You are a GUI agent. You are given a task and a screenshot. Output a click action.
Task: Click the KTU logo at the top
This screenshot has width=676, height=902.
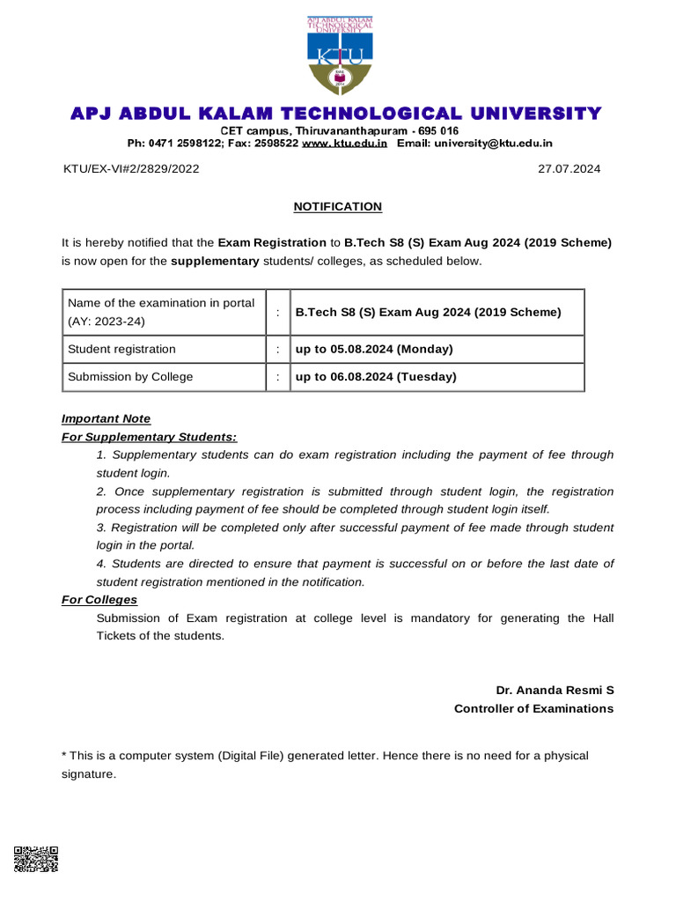339,55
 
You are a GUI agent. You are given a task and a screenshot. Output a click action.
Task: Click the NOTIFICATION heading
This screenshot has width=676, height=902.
338,206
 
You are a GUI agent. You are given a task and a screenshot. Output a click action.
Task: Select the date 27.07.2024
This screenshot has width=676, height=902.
569,169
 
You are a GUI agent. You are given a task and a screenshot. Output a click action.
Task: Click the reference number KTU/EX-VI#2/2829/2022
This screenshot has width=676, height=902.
130,169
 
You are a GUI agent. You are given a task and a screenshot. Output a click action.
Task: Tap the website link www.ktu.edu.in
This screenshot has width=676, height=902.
345,143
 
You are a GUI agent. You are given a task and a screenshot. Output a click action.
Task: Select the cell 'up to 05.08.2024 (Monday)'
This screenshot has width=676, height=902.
374,350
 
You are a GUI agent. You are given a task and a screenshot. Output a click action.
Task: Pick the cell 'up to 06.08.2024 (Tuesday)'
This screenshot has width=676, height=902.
376,377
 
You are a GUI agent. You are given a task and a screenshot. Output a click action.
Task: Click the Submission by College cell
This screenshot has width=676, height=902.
130,377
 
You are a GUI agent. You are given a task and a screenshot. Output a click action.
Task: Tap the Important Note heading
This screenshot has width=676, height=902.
106,418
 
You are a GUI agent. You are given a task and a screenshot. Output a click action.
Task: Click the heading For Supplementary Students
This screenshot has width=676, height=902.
149,437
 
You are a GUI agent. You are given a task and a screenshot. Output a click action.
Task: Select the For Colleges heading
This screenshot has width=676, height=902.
99,600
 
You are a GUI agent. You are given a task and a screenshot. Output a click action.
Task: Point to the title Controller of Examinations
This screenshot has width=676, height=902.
533,708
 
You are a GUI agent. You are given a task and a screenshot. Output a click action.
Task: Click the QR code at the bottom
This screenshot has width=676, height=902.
36,858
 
